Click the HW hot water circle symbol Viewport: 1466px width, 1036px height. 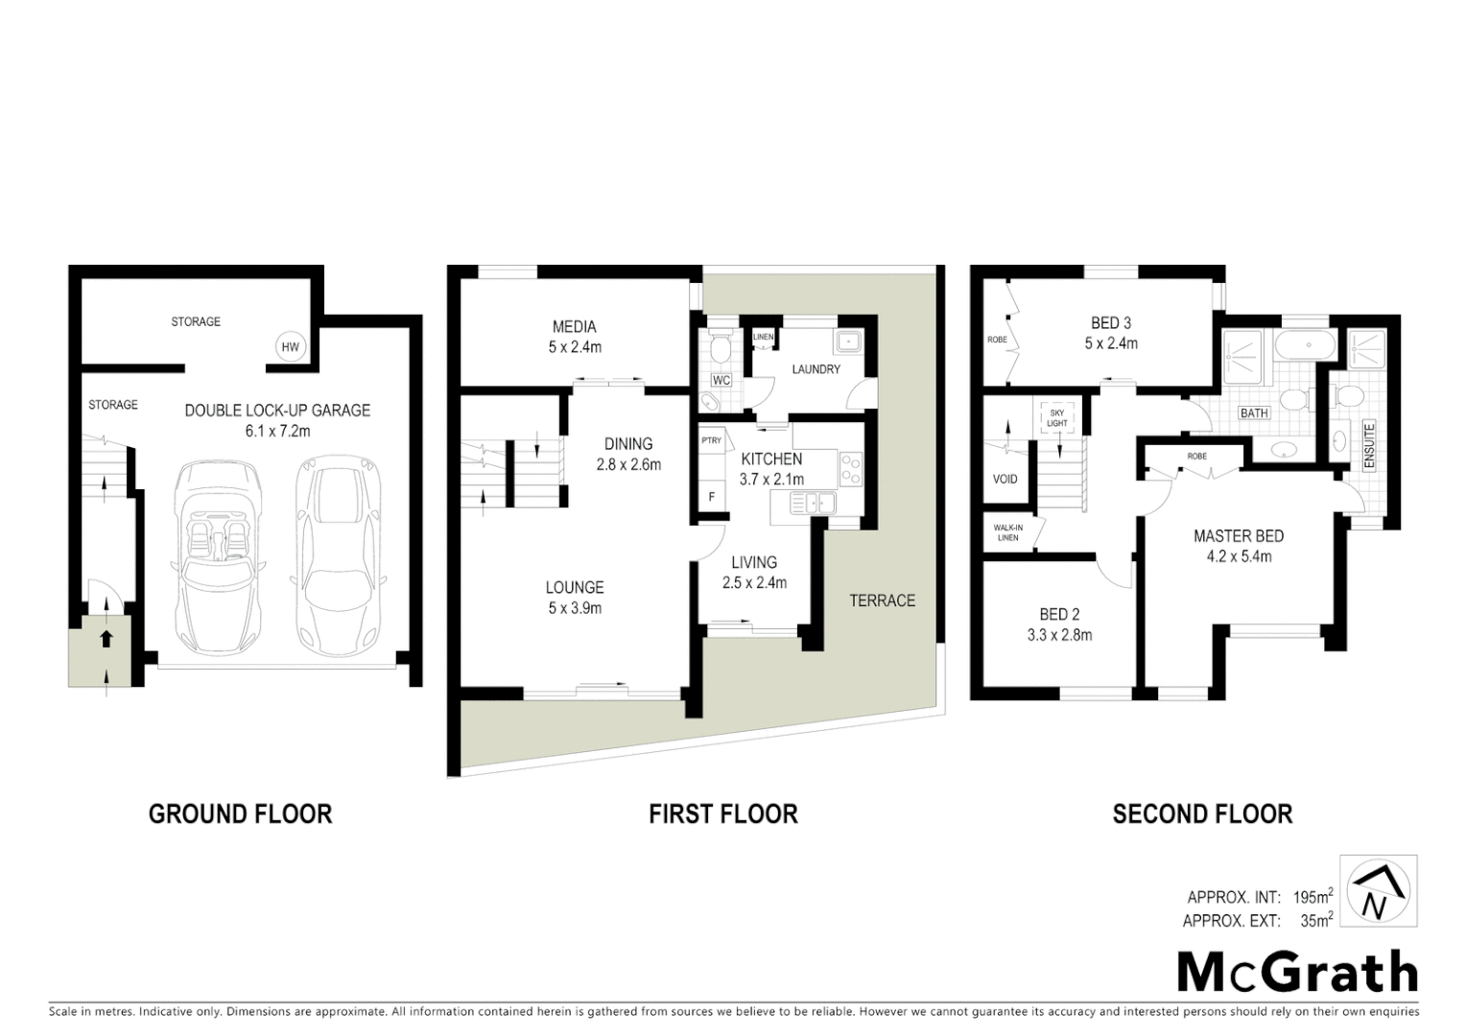(x=290, y=348)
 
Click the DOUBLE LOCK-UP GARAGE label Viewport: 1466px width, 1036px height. (x=277, y=411)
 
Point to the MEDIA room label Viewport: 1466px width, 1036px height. (x=574, y=327)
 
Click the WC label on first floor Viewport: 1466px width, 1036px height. (x=721, y=381)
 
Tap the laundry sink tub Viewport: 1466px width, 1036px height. (x=847, y=342)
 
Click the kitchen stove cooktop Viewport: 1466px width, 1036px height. (x=850, y=469)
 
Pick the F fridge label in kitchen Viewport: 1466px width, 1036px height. (x=711, y=497)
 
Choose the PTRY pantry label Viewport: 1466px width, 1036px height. (x=711, y=441)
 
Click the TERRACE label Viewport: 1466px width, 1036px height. (x=882, y=600)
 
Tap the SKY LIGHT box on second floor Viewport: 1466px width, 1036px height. (x=1057, y=417)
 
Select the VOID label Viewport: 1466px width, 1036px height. (x=1005, y=479)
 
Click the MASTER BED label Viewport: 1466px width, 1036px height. (x=1238, y=536)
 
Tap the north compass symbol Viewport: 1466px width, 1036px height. (x=1377, y=891)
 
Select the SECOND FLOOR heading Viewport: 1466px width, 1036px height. (x=1202, y=814)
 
